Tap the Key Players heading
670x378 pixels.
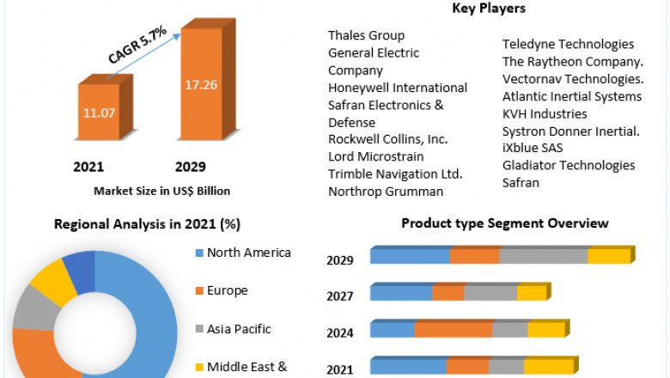(488, 9)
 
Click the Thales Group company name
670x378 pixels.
(366, 35)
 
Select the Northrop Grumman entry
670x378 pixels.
(386, 192)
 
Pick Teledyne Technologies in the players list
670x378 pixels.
(568, 44)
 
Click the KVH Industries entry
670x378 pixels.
(545, 113)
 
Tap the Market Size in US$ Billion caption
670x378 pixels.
(161, 191)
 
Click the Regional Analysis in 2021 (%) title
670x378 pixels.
(147, 224)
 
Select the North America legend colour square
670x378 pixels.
(199, 253)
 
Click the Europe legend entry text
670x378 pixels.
(227, 290)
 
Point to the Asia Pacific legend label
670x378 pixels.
(239, 328)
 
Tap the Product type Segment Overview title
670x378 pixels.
(505, 223)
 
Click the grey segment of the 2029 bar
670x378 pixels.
(544, 256)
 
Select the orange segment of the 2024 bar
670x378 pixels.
(454, 330)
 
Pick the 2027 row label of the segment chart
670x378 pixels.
(341, 296)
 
